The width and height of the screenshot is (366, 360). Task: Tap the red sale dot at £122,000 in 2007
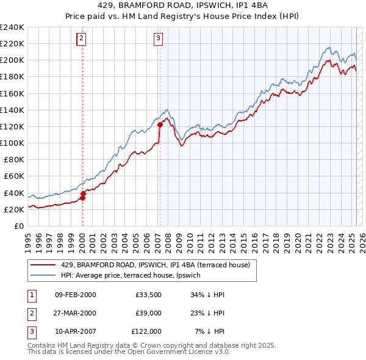(160, 124)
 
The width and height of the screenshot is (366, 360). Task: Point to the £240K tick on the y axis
(12, 27)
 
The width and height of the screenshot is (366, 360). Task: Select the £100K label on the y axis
(12, 143)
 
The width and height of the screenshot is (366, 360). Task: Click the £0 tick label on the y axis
(18, 226)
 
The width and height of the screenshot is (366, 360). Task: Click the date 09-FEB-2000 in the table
(75, 295)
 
